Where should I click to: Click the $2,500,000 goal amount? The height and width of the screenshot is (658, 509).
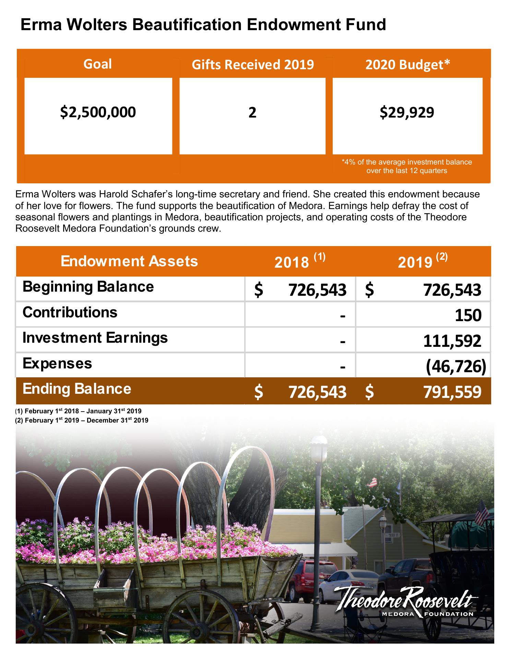coord(98,112)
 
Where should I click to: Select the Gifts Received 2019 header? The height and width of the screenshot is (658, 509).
coord(252,64)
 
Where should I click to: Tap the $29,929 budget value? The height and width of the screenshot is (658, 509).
coord(407,112)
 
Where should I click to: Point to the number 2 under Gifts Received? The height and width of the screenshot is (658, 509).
coord(252,113)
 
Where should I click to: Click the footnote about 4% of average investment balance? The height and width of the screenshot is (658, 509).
coord(407,166)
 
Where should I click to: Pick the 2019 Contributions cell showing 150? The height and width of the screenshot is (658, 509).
coord(468,315)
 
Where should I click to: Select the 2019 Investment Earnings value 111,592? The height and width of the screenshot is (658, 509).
coord(452,341)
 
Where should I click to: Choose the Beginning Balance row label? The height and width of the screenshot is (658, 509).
coord(88,287)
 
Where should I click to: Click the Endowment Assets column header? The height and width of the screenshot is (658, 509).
coord(129,261)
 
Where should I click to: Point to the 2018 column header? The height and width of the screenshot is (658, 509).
coord(299,261)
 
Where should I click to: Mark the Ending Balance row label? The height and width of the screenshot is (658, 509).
coord(77,389)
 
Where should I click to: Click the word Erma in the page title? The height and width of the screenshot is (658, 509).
coord(40,25)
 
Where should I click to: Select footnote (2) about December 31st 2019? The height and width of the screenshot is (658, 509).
coord(82,421)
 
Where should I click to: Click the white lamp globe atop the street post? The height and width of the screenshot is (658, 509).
coord(318,446)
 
